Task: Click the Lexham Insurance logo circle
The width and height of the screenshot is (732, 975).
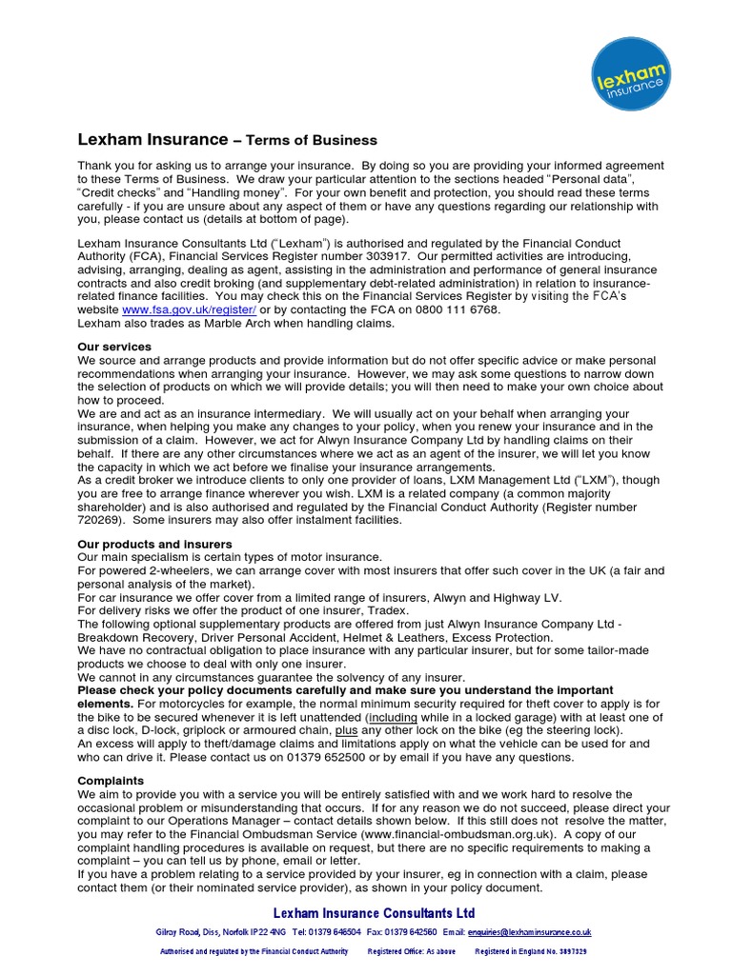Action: point(630,80)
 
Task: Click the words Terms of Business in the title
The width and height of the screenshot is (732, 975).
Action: point(312,140)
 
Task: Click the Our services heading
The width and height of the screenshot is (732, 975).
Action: point(114,348)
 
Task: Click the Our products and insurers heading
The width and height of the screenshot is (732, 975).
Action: point(154,544)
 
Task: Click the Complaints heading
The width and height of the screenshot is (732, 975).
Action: point(110,781)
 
